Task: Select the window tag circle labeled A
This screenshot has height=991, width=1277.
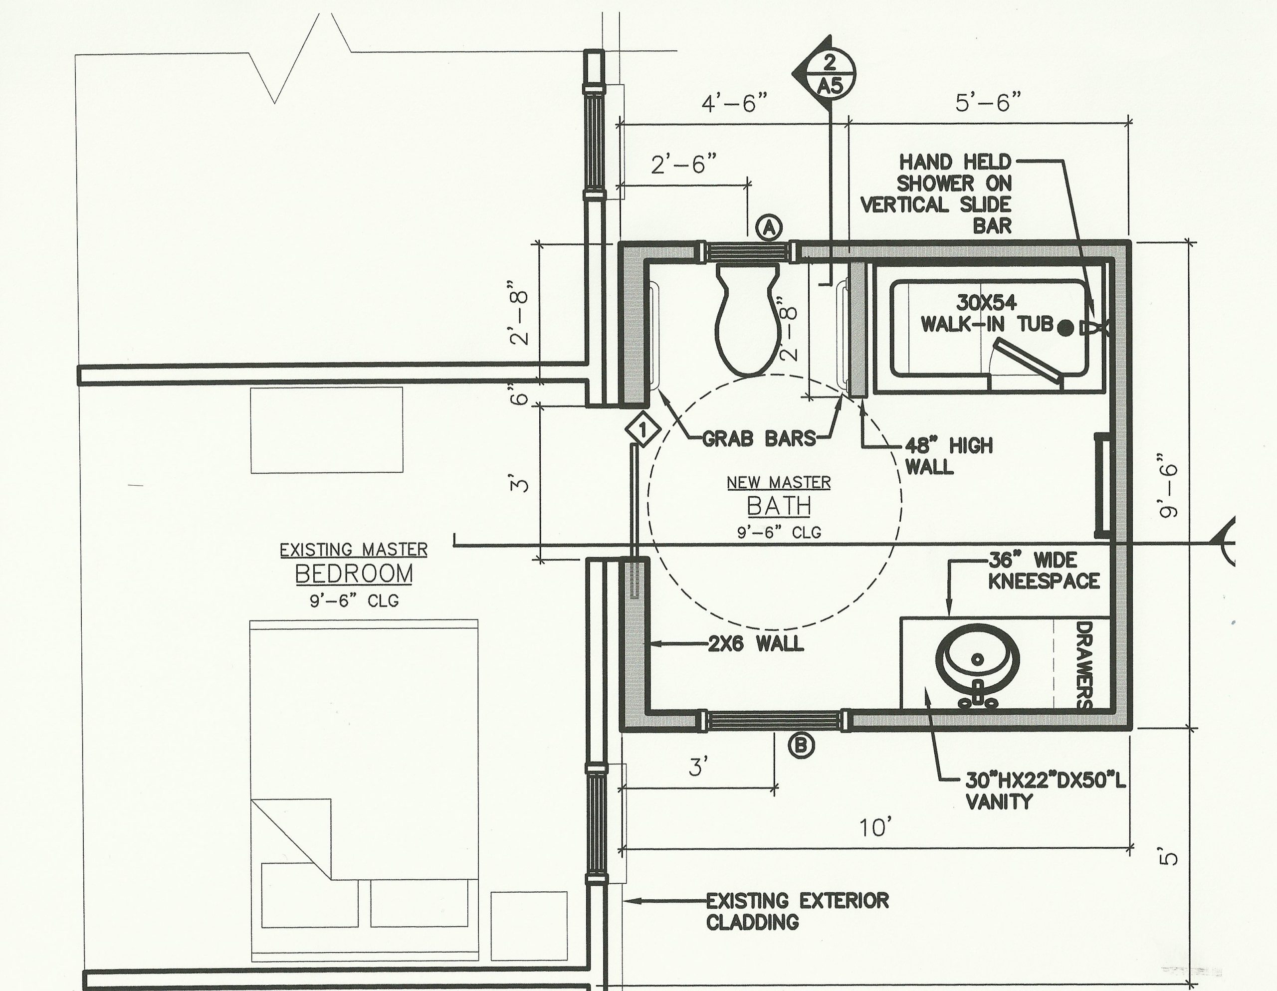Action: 770,228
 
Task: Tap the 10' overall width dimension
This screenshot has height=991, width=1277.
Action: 876,827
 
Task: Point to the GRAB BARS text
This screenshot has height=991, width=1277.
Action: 758,438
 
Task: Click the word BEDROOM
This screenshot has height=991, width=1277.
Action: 354,574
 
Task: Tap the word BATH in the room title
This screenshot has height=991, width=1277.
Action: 779,506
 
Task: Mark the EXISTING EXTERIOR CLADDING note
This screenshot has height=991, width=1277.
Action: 797,912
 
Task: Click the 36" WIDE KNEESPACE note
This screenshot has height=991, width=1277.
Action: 1044,570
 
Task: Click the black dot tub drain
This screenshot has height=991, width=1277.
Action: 1066,328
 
